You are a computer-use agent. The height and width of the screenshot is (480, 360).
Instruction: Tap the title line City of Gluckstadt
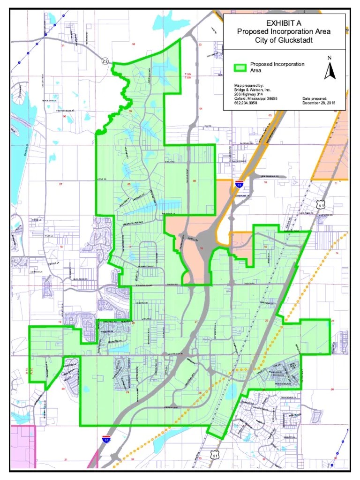[284, 40]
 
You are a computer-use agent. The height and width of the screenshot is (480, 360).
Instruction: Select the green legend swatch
[240, 67]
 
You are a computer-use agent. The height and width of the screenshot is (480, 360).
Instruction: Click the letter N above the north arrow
[330, 58]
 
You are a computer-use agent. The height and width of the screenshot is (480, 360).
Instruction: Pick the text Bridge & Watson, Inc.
[253, 90]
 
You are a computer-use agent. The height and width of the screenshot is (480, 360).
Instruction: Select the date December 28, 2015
[319, 103]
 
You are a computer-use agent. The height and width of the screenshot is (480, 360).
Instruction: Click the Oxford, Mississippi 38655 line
[256, 98]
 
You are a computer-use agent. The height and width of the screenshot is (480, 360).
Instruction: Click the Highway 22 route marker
[105, 60]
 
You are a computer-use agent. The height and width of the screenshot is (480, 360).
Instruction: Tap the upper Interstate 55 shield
[240, 184]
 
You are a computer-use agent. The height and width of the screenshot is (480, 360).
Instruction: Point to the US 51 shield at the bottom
[215, 454]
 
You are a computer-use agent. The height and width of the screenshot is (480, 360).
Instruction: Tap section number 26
[332, 389]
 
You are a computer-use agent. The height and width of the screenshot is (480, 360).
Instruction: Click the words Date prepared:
[317, 98]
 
